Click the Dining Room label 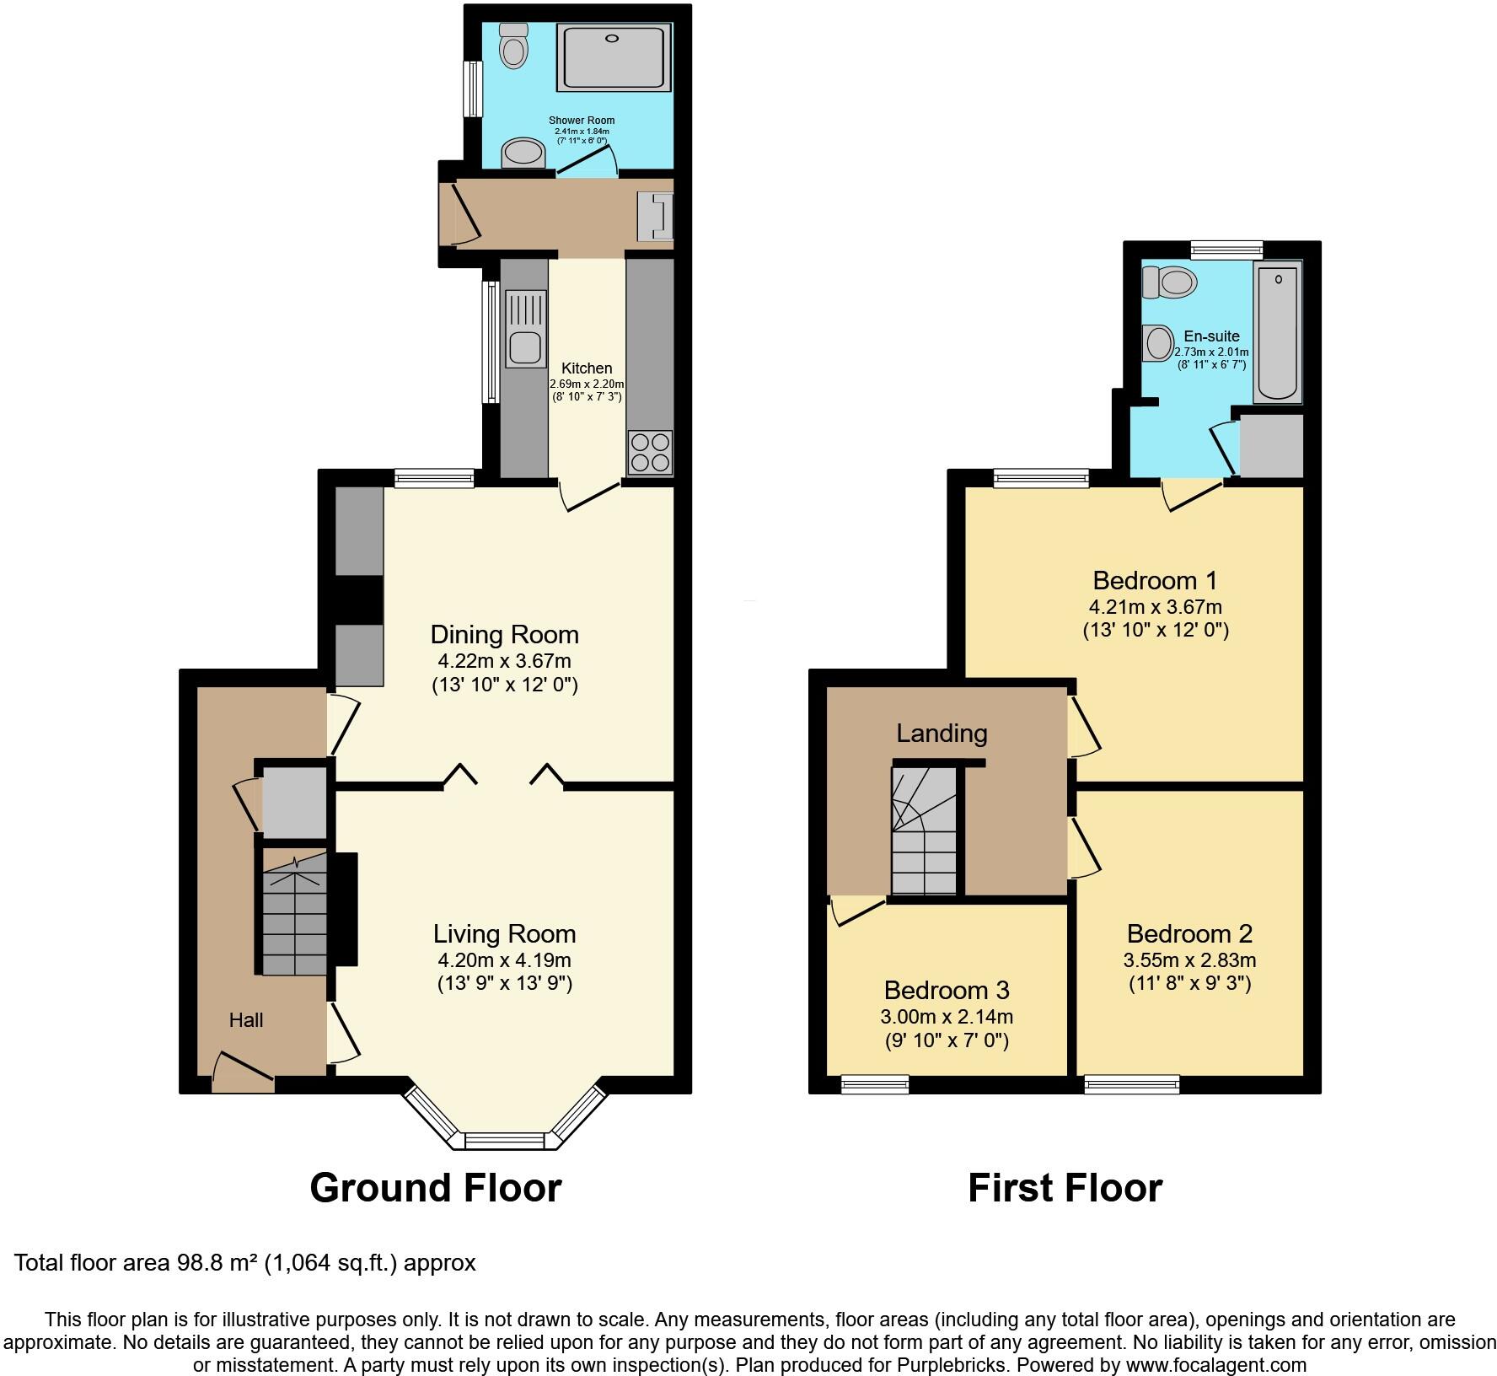pos(504,634)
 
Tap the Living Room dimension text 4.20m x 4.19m pos(504,959)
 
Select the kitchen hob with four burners pos(649,452)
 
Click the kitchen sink pos(525,347)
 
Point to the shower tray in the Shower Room pos(614,57)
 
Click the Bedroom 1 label pos(1155,580)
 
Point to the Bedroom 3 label pos(947,989)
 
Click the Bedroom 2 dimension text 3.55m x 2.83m pos(1189,959)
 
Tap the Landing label pos(942,733)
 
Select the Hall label pos(246,1020)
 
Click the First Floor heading pos(1065,1187)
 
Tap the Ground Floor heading pos(435,1187)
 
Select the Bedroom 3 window pos(875,1085)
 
